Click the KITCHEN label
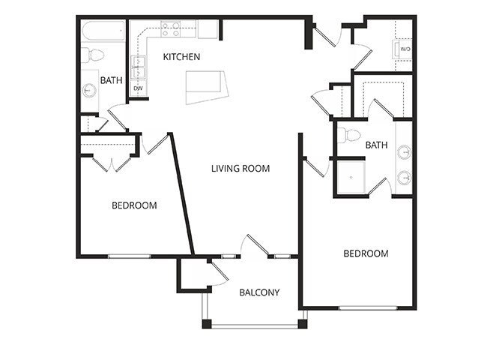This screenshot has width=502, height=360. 182,57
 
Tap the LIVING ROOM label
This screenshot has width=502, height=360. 240,169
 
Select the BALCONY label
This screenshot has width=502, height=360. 259,292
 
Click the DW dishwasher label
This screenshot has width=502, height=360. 138,88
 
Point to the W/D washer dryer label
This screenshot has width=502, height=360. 405,49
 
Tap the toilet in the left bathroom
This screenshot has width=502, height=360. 94,55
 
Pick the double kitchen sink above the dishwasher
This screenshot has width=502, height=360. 138,67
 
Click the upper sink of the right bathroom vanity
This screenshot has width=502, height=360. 403,152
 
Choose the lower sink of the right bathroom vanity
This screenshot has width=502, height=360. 403,178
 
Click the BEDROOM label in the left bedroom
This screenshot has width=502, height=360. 134,205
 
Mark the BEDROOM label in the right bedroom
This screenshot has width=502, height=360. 366,253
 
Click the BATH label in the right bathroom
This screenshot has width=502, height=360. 376,145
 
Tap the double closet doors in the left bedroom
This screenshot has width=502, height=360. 112,163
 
